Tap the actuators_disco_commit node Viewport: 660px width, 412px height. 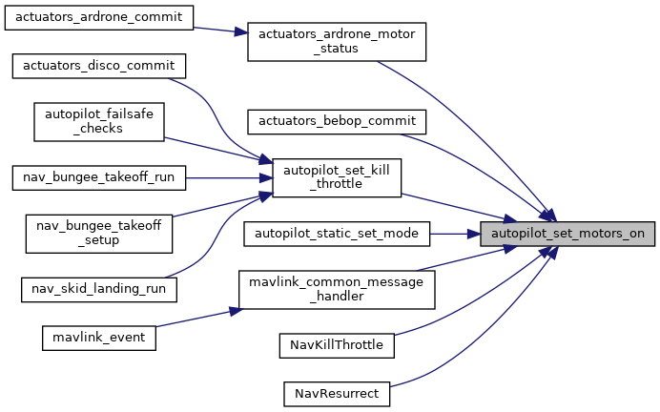tap(98, 66)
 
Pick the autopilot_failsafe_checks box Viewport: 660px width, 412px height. tap(98, 121)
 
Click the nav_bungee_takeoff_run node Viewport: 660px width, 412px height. tap(98, 176)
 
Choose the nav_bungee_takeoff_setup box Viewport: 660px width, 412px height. tap(98, 232)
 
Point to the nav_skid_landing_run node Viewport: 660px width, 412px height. tap(98, 286)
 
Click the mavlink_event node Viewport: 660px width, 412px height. tap(98, 337)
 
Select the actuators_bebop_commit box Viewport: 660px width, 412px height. tap(336, 121)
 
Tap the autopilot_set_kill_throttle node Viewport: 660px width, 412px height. tap(336, 176)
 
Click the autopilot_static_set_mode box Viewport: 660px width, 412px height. tap(337, 232)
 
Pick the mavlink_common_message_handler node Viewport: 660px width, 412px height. tap(336, 289)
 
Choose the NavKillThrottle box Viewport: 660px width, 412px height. tap(337, 344)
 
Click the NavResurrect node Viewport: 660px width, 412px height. tap(337, 392)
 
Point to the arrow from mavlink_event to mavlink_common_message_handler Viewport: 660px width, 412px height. tap(196, 318)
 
